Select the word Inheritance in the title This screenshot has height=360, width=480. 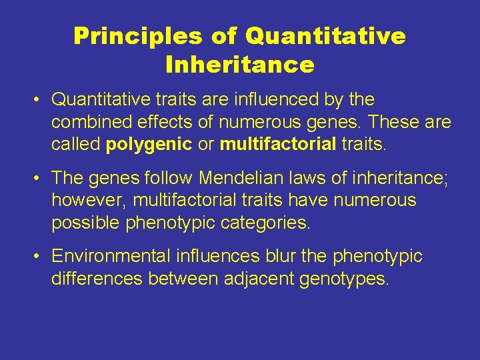click(x=239, y=65)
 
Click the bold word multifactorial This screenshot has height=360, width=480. click(x=278, y=145)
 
